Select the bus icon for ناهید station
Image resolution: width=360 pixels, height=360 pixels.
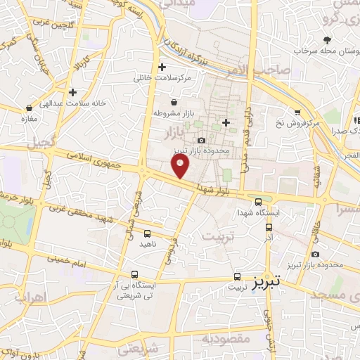(148, 233)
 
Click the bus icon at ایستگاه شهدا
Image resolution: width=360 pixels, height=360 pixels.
(258, 200)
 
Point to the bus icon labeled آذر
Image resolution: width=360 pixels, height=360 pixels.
(269, 227)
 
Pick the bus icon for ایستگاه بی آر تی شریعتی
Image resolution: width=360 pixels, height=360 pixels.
(135, 276)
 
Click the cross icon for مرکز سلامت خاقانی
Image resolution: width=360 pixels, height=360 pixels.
(162, 67)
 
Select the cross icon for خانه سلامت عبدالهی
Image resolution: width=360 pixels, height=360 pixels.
(73, 92)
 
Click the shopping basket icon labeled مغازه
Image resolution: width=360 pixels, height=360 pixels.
(29, 109)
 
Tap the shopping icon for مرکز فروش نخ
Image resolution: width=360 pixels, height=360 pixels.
(298, 112)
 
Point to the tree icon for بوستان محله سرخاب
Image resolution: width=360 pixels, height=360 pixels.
(327, 40)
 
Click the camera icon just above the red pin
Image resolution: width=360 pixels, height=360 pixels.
(202, 141)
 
